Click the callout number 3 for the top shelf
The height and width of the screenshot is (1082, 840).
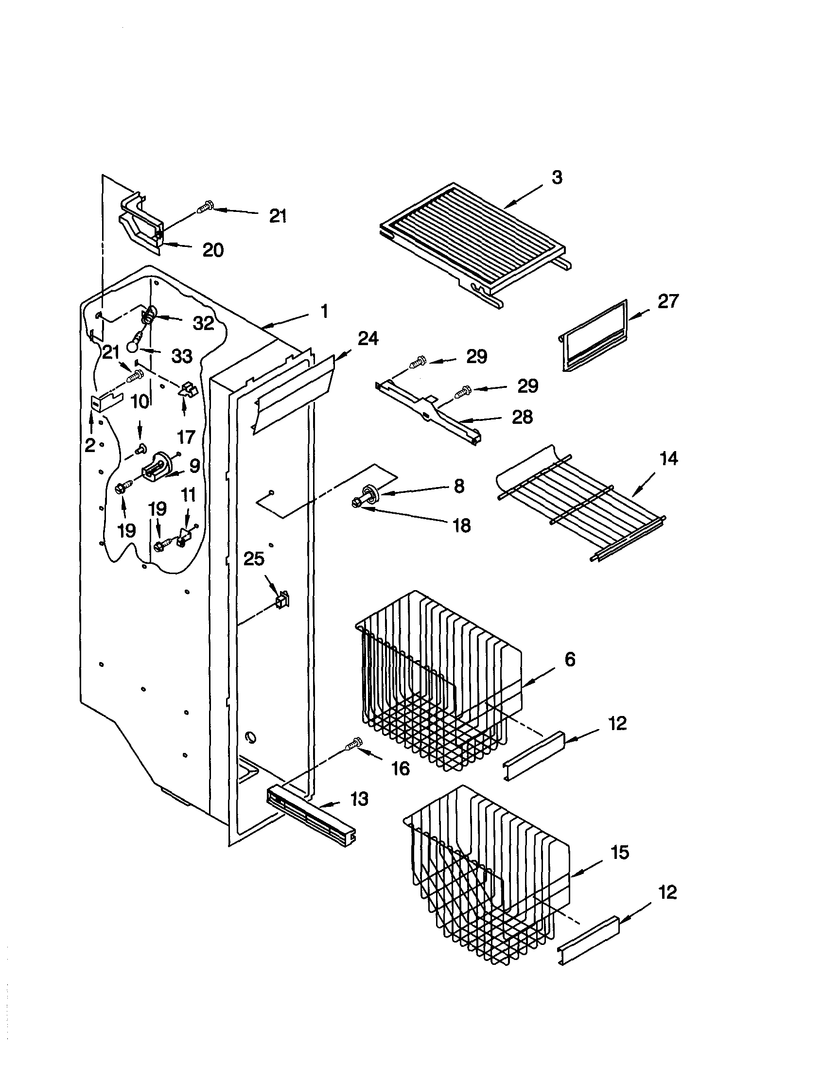(x=557, y=178)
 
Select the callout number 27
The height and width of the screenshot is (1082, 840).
(x=667, y=301)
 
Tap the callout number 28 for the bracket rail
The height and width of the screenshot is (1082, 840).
(x=522, y=417)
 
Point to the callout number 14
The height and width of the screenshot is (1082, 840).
(x=668, y=458)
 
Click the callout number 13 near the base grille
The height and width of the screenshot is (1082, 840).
(x=359, y=799)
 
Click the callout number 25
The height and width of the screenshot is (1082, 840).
(x=254, y=559)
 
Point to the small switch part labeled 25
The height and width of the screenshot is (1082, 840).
(x=282, y=600)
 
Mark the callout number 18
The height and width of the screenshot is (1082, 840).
(x=461, y=525)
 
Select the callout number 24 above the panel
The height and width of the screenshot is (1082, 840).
(x=368, y=339)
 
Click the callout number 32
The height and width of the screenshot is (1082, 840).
(x=203, y=323)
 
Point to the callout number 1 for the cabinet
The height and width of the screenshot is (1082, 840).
(x=324, y=312)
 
